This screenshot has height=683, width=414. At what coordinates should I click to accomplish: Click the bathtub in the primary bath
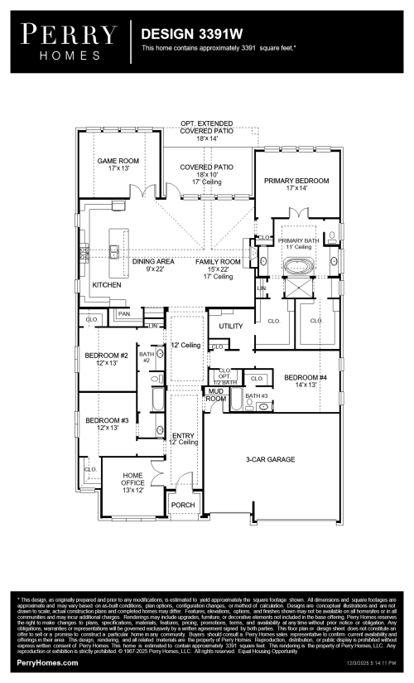click(x=296, y=267)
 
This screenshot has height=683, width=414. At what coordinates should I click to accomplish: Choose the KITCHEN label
click(x=106, y=284)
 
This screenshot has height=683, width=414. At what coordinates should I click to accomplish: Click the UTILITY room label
click(x=231, y=326)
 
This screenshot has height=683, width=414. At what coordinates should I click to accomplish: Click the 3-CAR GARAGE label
click(x=270, y=459)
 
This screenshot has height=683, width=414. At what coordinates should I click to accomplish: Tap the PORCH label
click(x=182, y=505)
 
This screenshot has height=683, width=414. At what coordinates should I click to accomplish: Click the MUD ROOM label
click(x=215, y=395)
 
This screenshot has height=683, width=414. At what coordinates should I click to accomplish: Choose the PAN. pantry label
click(x=124, y=314)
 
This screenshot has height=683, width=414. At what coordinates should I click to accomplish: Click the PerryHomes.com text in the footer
click(x=48, y=663)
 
